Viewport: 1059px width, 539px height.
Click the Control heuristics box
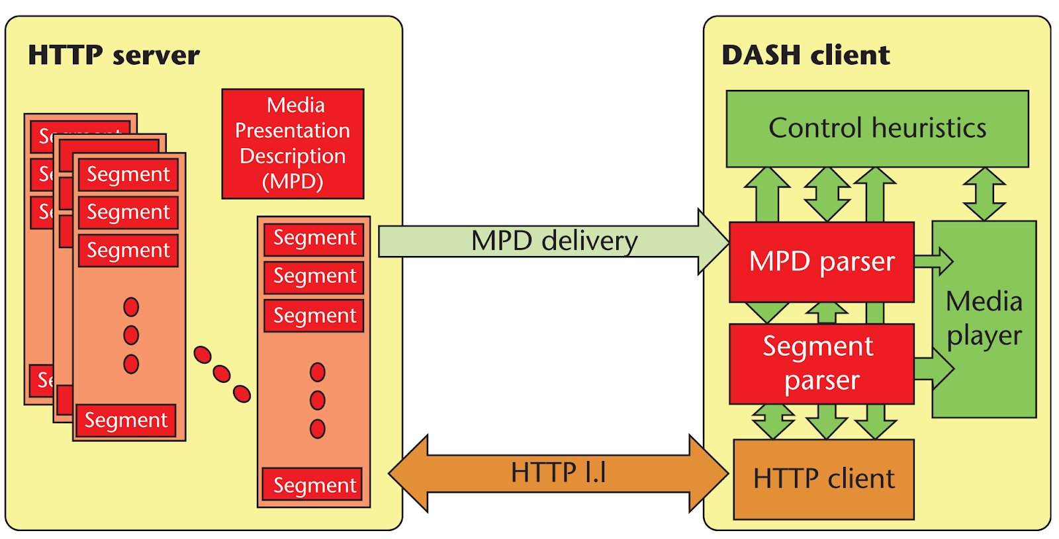point(877,128)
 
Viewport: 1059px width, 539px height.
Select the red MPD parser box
point(821,262)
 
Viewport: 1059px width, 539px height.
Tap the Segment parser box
point(821,364)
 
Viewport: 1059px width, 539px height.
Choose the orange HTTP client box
point(823,479)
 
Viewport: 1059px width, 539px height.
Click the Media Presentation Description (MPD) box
point(293,144)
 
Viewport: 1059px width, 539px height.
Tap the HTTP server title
point(114,56)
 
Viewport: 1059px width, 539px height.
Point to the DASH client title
point(806,56)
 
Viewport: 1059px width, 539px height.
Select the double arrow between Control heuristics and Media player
point(984,194)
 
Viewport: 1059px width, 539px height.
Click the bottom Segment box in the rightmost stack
point(314,485)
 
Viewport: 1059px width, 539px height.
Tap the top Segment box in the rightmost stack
point(314,238)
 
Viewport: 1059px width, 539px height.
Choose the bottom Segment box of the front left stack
point(126,421)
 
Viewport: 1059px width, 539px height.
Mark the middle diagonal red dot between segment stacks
point(222,374)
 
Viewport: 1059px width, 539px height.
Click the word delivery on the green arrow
point(589,241)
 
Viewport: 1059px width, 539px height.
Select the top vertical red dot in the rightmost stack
point(318,372)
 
